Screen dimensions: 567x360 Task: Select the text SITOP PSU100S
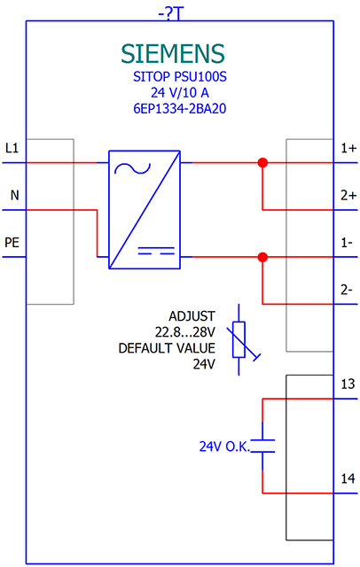173,77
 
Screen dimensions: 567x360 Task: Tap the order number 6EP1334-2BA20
173,109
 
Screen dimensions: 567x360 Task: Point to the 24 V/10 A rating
173,93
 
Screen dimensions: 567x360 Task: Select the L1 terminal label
12,148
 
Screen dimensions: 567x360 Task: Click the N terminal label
13,194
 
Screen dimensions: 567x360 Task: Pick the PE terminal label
12,241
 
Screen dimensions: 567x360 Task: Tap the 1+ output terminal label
348,149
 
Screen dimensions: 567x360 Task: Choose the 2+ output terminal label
348,195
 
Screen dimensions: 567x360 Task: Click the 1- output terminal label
347,241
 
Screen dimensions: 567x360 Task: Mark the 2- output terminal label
347,288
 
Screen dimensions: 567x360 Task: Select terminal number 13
348,384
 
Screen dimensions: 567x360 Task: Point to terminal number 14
348,478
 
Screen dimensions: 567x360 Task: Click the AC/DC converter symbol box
144,210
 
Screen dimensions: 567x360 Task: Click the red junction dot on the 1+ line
262,163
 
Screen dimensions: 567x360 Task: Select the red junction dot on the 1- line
262,257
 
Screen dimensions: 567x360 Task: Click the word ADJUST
192,316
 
